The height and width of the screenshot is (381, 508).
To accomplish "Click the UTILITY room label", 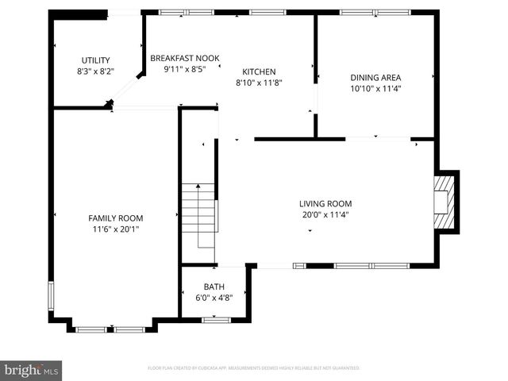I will (95, 60).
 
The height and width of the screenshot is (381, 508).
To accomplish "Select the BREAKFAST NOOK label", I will (185, 58).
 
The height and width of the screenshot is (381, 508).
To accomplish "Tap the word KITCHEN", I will (259, 71).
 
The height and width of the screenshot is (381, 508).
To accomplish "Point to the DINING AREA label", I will (375, 78).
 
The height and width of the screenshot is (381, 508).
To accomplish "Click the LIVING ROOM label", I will (325, 203).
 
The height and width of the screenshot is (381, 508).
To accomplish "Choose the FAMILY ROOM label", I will (115, 217).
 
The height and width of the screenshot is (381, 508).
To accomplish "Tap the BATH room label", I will (214, 287).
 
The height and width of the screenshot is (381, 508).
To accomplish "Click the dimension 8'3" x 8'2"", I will (95, 71).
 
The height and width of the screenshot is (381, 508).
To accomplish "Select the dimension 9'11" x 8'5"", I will (185, 69).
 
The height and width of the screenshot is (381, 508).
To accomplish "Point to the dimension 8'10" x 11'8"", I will (259, 82).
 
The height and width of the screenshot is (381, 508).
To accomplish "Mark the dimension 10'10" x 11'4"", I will (375, 89).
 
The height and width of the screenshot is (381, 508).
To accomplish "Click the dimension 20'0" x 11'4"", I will (325, 214).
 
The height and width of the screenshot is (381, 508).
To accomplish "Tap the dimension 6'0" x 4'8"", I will (214, 298).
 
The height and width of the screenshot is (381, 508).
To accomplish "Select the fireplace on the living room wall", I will (445, 202).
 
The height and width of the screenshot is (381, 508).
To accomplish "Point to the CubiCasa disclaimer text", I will (254, 368).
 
